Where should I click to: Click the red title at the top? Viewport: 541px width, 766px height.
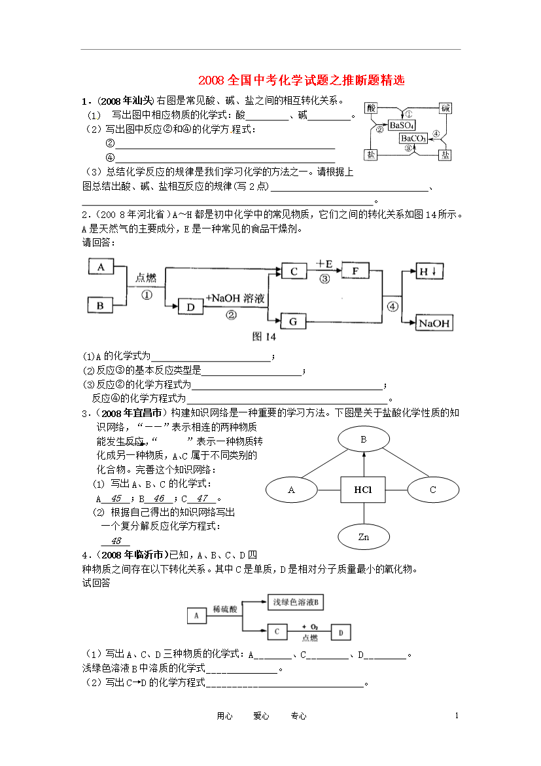pyautogui.click(x=302, y=80)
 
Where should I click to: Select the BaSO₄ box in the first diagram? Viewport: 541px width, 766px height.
pyautogui.click(x=402, y=126)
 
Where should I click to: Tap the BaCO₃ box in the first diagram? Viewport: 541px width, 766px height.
pyautogui.click(x=413, y=138)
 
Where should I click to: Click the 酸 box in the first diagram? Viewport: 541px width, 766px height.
pyautogui.click(x=371, y=108)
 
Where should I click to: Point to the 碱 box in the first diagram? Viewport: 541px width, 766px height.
pyautogui.click(x=445, y=108)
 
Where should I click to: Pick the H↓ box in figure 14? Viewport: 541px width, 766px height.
pyautogui.click(x=429, y=271)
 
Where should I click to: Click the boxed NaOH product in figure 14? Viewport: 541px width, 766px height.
pyautogui.click(x=434, y=323)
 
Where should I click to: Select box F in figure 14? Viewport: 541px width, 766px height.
pyautogui.click(x=355, y=270)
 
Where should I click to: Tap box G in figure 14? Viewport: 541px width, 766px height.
pyautogui.click(x=293, y=321)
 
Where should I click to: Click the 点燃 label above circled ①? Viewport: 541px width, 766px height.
pyautogui.click(x=146, y=278)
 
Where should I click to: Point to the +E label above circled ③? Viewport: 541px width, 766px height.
pyautogui.click(x=324, y=264)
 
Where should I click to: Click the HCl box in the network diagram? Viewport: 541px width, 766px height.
pyautogui.click(x=363, y=490)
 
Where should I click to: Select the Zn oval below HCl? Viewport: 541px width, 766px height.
pyautogui.click(x=364, y=537)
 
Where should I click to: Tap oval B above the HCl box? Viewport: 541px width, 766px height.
pyautogui.click(x=364, y=439)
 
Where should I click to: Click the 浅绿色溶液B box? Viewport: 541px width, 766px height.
pyautogui.click(x=296, y=602)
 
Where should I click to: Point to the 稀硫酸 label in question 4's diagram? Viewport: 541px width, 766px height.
pyautogui.click(x=225, y=609)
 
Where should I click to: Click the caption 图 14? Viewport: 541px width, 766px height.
pyautogui.click(x=264, y=337)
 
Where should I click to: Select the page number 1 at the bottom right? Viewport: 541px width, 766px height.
pyautogui.click(x=457, y=716)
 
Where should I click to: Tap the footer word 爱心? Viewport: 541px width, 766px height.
pyautogui.click(x=261, y=716)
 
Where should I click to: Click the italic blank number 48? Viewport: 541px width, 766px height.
pyautogui.click(x=116, y=541)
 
